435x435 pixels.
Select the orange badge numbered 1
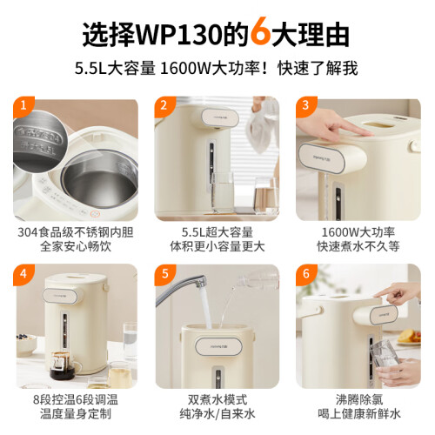tap(23, 106)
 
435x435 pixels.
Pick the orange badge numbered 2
tap(164, 106)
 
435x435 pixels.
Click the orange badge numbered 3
tap(305, 106)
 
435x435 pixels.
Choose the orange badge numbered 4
tap(23, 274)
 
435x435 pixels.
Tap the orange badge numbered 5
tap(164, 274)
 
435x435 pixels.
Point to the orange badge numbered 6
tap(306, 274)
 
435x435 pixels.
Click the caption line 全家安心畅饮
tap(76, 246)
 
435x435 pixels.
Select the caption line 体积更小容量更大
tap(217, 246)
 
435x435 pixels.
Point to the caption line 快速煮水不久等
tap(358, 246)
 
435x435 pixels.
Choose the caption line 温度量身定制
tap(76, 414)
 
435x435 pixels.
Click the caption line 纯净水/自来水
tap(217, 414)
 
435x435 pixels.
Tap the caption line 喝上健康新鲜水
tap(359, 414)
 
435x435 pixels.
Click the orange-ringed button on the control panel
tap(95, 214)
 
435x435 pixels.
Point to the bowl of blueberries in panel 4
tap(25, 345)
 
